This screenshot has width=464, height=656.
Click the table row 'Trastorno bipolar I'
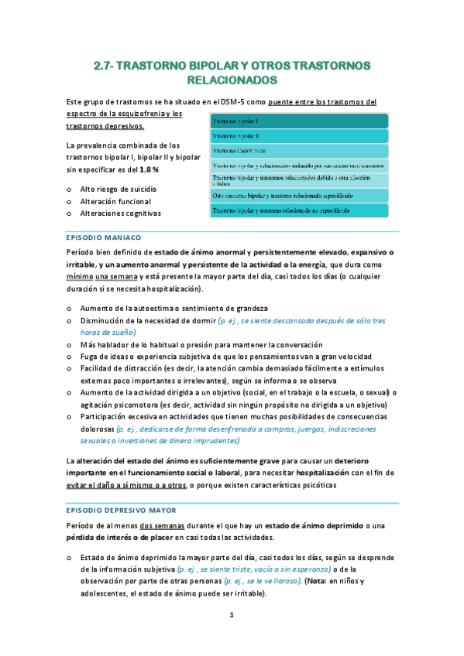pyautogui.click(x=298, y=121)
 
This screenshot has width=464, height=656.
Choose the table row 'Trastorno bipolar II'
pyautogui.click(x=298, y=135)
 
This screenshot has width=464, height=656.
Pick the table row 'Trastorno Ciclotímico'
pyautogui.click(x=298, y=150)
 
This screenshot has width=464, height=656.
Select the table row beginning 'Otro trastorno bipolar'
pyautogui.click(x=298, y=196)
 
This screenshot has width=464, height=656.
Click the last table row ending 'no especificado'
pyautogui.click(x=298, y=210)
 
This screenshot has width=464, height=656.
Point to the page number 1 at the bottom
pyautogui.click(x=231, y=615)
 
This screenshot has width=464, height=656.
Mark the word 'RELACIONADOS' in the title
pyautogui.click(x=232, y=80)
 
